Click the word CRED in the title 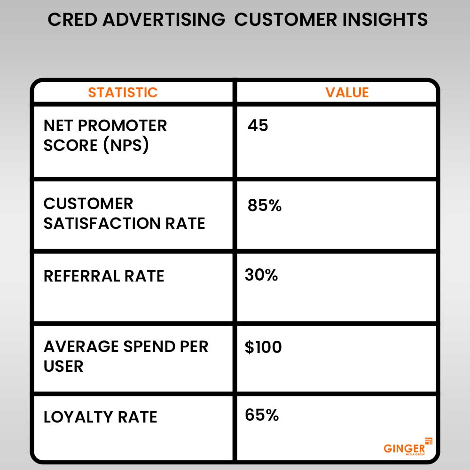[x=72, y=20]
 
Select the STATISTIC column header [x=123, y=92]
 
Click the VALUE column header [x=347, y=92]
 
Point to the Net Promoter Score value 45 [x=258, y=125]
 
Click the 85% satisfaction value [x=264, y=205]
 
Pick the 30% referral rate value [x=261, y=274]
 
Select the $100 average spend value [x=263, y=347]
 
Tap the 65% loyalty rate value [x=262, y=415]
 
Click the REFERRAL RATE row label [x=104, y=276]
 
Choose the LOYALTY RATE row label [x=101, y=417]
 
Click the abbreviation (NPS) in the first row [x=126, y=145]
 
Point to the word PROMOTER [x=122, y=125]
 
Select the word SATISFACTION [x=102, y=223]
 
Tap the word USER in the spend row [x=63, y=366]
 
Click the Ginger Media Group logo [x=407, y=447]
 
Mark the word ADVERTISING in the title [x=164, y=20]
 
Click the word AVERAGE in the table [x=81, y=346]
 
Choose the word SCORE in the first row [x=70, y=145]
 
